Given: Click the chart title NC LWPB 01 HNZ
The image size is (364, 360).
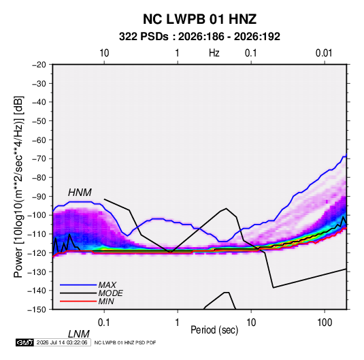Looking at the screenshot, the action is click(199, 19).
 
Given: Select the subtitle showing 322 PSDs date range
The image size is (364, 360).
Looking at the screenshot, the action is click(199, 37).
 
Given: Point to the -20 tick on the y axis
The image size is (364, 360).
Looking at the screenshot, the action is click(39, 65).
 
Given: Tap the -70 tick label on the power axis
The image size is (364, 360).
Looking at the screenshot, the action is click(39, 159).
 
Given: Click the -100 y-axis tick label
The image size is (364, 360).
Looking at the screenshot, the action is click(37, 215).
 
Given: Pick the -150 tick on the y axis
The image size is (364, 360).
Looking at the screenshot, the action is click(37, 310).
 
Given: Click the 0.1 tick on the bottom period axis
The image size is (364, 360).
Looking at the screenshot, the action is click(104, 323).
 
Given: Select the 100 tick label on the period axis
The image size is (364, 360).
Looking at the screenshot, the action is click(325, 323).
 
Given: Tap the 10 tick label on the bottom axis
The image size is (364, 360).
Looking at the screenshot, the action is click(251, 323).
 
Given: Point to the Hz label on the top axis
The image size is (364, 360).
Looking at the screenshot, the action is click(214, 53).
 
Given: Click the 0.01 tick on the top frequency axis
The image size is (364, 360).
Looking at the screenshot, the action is click(324, 53).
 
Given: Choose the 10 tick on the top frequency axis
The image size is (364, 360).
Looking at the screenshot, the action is click(104, 53).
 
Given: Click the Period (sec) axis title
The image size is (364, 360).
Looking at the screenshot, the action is click(214, 330).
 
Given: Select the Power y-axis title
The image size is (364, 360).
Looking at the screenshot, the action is click(18, 186).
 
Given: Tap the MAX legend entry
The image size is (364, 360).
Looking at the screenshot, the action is click(107, 284).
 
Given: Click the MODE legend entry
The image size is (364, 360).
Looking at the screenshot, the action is click(110, 293).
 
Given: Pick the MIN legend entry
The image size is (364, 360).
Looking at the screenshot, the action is click(106, 301).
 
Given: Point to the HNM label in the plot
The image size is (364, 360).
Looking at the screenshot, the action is click(80, 193).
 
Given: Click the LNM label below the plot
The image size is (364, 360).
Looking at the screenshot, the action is click(79, 334).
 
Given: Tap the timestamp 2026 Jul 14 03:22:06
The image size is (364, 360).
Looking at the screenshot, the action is click(62, 342).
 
